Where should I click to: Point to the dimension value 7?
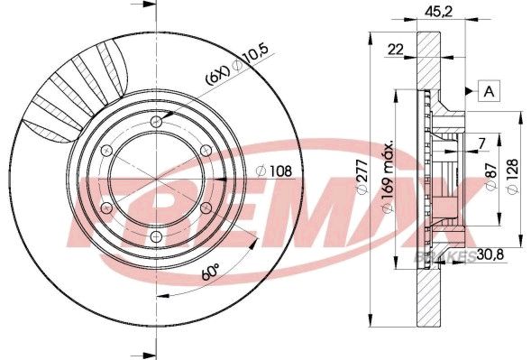481,143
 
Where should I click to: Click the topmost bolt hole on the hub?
157,122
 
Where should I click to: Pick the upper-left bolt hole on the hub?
106,151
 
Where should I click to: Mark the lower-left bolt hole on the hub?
106,209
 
